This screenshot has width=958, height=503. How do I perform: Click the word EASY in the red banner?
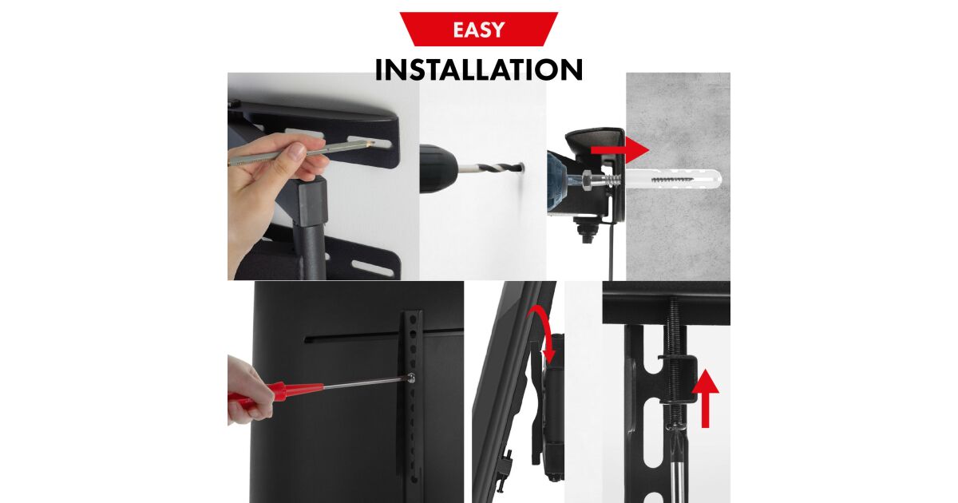(x=478, y=30)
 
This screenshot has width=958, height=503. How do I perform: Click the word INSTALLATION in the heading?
(x=478, y=69)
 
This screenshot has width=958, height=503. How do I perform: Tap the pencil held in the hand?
(x=303, y=152)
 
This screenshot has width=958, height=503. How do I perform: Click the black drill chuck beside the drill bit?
(x=438, y=168)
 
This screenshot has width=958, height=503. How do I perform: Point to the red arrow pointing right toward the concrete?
(x=620, y=150)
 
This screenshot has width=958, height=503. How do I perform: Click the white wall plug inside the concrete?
(x=673, y=178)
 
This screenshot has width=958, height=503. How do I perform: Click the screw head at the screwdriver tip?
(x=411, y=378)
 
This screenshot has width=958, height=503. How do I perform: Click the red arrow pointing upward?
(x=706, y=398)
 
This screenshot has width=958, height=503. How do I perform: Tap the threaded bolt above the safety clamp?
(x=675, y=326)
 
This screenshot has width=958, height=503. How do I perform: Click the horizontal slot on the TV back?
(x=384, y=335)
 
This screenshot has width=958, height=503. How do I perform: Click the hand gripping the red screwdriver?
(x=249, y=391)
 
